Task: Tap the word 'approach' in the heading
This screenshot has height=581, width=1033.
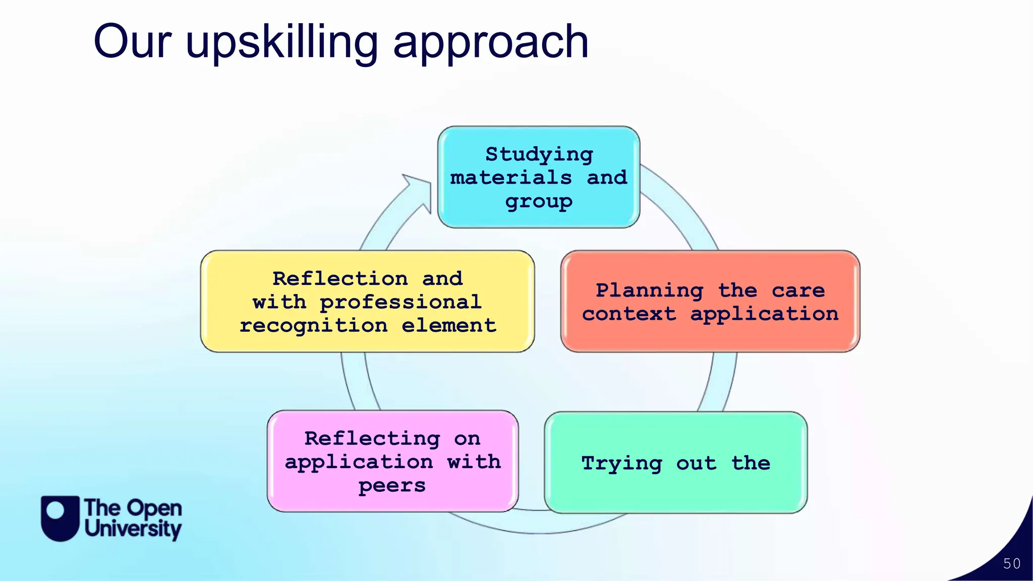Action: pos(490,43)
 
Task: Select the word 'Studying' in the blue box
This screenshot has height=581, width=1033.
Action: pos(539,154)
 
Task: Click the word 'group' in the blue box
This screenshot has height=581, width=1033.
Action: pos(539,202)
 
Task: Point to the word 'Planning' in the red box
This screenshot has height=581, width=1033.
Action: pos(649,290)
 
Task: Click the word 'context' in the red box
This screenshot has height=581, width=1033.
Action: pos(628,314)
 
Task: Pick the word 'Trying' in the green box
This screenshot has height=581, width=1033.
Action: pos(621,463)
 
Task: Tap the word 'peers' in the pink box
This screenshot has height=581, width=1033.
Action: pos(392,486)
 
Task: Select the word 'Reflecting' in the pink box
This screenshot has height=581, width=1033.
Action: pos(372,438)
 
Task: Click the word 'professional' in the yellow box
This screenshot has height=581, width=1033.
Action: pos(400,302)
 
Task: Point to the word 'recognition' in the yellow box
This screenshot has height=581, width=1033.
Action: pos(313,326)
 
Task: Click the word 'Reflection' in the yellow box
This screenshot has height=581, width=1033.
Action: pos(340,278)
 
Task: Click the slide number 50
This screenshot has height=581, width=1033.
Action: pos(1012,564)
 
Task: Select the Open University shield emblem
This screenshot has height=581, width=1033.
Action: pos(60,518)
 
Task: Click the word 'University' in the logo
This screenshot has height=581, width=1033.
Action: pos(133,529)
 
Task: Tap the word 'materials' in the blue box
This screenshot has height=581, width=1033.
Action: pos(510,178)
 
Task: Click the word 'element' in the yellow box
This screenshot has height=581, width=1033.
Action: pos(448,326)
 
